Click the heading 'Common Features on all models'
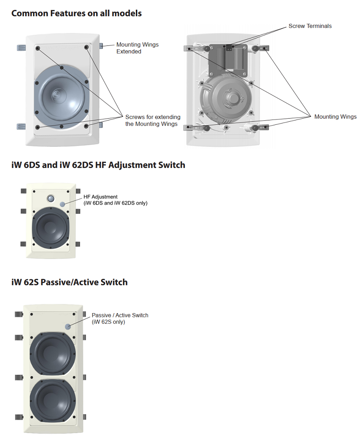click(x=76, y=13)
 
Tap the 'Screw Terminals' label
click(x=310, y=26)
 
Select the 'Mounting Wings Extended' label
click(x=137, y=48)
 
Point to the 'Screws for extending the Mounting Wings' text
click(x=153, y=120)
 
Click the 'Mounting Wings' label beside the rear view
click(x=335, y=117)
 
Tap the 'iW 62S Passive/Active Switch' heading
click(x=69, y=282)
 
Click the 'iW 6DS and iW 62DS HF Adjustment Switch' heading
click(x=98, y=165)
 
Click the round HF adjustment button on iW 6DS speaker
click(x=63, y=204)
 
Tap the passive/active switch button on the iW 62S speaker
click(x=68, y=327)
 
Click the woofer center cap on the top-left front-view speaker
click(x=58, y=94)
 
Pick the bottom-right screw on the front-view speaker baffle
click(x=86, y=126)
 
